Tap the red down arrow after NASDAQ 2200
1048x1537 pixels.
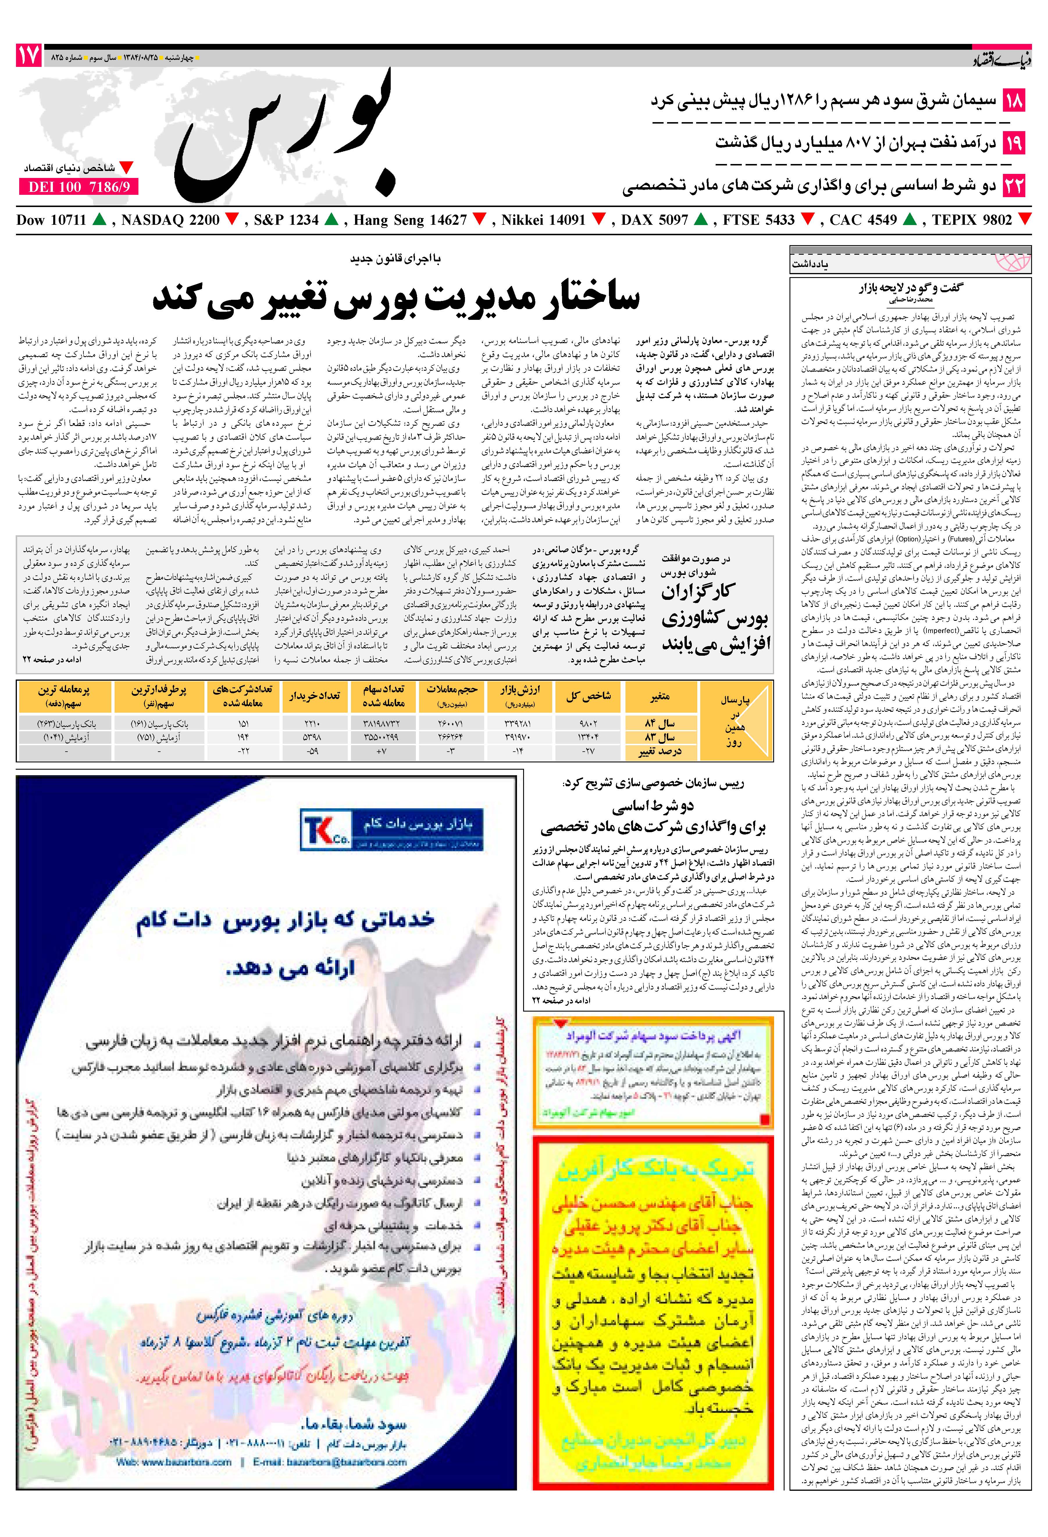[232, 219]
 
